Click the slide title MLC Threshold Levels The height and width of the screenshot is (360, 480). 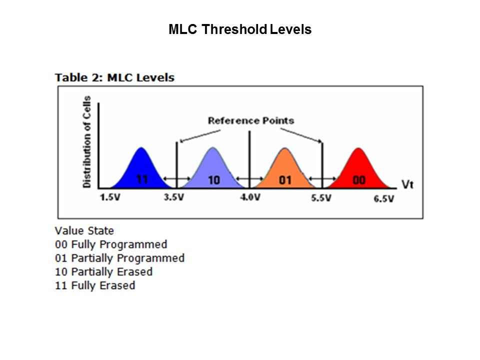(x=240, y=29)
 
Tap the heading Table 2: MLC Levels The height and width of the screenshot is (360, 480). (x=114, y=77)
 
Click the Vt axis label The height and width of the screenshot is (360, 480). (x=407, y=184)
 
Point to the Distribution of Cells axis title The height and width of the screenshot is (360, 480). (x=87, y=141)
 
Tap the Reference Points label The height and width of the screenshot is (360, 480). (x=250, y=120)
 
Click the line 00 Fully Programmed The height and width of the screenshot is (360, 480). (x=111, y=244)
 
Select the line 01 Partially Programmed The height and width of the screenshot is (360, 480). (x=119, y=258)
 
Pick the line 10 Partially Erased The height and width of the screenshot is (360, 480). (x=103, y=272)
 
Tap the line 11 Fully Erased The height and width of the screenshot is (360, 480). (x=95, y=285)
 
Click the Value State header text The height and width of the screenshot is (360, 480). (x=84, y=231)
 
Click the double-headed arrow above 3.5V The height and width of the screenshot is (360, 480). (x=177, y=179)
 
